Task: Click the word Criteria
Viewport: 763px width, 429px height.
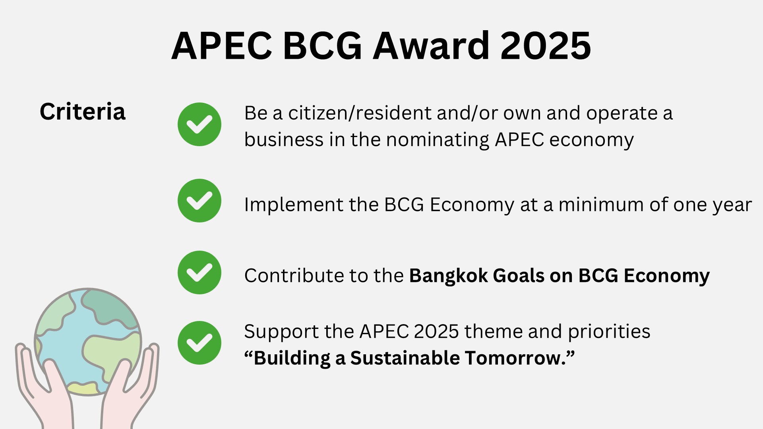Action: pyautogui.click(x=83, y=112)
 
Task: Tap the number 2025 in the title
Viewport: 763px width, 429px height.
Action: pyautogui.click(x=546, y=46)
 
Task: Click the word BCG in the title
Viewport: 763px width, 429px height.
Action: pyautogui.click(x=322, y=46)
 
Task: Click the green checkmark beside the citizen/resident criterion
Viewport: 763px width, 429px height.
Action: pyautogui.click(x=199, y=124)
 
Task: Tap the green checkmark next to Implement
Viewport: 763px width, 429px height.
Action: pyautogui.click(x=199, y=201)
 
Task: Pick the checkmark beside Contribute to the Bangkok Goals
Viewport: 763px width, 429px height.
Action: pyautogui.click(x=199, y=272)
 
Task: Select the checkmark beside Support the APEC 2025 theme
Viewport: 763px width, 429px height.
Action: pyautogui.click(x=199, y=343)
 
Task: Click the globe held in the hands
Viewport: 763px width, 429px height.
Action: pyautogui.click(x=88, y=342)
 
